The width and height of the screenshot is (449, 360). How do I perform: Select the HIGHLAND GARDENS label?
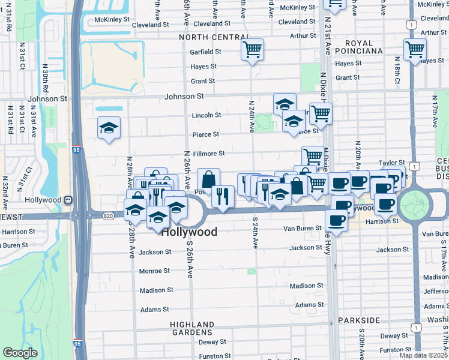(191, 328)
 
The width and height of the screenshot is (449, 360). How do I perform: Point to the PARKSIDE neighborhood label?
(360, 320)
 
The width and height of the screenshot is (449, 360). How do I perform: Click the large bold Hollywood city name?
(189, 232)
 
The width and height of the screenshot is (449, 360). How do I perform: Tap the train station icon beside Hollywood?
(69, 200)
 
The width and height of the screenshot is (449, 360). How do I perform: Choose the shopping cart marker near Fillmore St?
(313, 157)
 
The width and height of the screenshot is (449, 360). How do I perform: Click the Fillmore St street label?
(208, 154)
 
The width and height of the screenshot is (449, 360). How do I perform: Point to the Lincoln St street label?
(206, 115)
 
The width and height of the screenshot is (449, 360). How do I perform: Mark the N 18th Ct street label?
(397, 71)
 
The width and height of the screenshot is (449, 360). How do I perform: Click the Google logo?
(20, 353)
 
